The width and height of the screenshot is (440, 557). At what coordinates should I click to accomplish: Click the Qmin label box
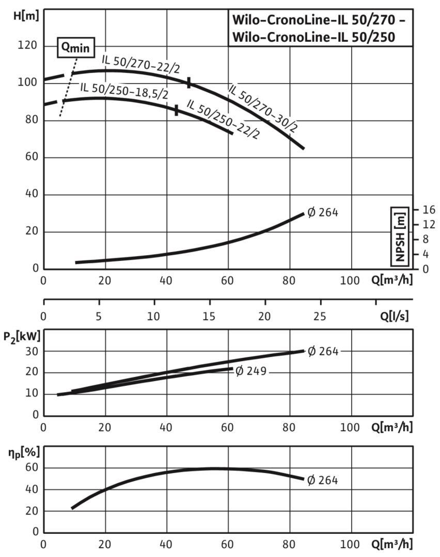[x=75, y=47]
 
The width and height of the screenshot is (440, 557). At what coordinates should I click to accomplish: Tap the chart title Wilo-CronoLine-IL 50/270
[x=320, y=21]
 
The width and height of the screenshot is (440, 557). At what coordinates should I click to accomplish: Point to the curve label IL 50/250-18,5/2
[x=124, y=89]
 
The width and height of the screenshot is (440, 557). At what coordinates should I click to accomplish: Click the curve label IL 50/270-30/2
[x=263, y=109]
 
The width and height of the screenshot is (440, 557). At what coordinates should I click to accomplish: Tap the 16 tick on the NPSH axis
[x=429, y=209]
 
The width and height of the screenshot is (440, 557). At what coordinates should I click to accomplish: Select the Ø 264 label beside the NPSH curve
[x=323, y=212]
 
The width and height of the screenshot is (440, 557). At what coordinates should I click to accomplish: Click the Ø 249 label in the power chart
[x=250, y=371]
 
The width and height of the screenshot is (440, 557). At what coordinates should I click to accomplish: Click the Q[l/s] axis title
[x=395, y=316]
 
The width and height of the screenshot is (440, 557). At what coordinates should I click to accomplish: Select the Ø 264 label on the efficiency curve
[x=322, y=480]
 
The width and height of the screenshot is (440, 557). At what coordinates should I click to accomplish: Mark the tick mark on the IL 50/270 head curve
[x=189, y=83]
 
